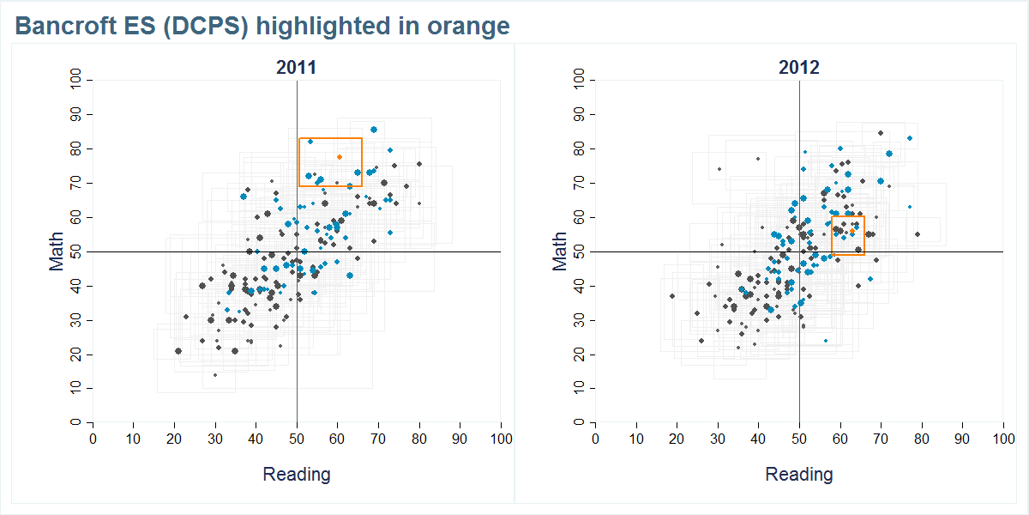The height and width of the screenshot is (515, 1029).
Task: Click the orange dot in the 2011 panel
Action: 340,157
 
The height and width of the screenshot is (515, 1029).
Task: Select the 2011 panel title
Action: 296,68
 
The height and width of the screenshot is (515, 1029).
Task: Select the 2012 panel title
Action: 799,68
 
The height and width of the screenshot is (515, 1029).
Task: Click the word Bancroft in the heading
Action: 63,27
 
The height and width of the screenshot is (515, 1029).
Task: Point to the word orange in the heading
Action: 470,27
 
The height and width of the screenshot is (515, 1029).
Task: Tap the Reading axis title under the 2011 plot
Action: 296,474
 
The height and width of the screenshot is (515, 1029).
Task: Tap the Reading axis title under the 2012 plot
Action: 799,474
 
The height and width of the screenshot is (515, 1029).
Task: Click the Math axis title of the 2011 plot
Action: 57,251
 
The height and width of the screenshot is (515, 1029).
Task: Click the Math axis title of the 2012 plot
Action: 560,251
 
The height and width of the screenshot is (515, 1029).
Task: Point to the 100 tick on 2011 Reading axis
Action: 501,439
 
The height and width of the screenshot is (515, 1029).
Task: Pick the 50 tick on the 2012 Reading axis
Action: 799,439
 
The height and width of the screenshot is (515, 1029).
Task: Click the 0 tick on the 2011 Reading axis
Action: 93,439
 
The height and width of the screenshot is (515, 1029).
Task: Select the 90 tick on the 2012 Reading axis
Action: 963,439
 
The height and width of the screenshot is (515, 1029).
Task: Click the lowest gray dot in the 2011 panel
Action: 215,375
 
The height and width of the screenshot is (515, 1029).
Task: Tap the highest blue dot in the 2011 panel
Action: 374,130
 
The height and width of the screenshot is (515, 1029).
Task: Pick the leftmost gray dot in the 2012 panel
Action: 672,296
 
